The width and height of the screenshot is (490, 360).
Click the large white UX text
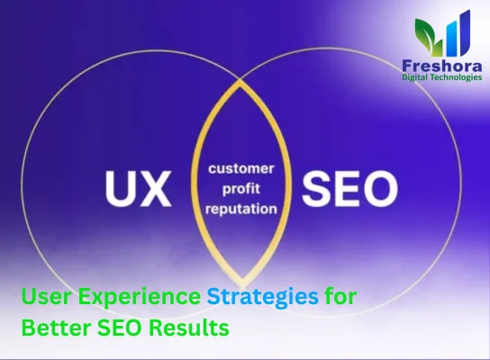tap(136, 188)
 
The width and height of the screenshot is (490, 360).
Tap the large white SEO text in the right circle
tap(349, 188)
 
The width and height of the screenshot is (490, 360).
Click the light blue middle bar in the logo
tap(449, 40)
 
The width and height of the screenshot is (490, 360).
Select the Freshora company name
tap(442, 66)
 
